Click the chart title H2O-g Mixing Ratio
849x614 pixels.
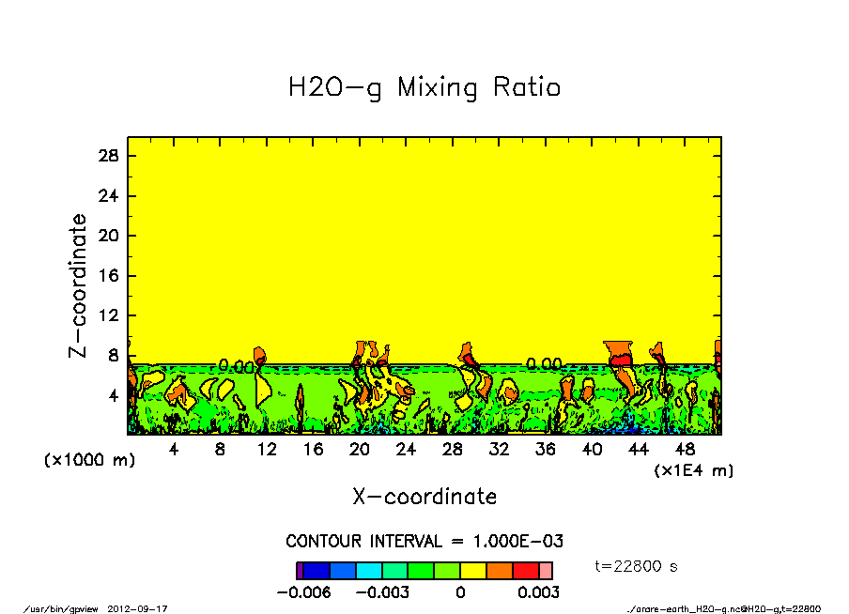pos(424,88)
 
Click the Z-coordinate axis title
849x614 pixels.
pos(79,284)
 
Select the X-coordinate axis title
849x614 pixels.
pos(424,496)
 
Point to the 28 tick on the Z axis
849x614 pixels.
pos(110,156)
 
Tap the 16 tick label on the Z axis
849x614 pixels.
pos(110,276)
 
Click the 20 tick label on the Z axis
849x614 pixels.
pos(110,236)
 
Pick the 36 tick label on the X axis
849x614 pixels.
pos(546,450)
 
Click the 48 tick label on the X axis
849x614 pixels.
pos(686,450)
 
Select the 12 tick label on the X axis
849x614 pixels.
pos(267,450)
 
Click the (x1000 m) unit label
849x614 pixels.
pos(82,461)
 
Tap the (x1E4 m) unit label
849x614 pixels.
pos(694,469)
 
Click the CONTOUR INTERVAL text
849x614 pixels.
pos(424,542)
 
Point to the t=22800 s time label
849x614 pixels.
pos(637,566)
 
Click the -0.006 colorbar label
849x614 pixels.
pos(301,592)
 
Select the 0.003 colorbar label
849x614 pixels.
pos(539,592)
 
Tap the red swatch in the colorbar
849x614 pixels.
pos(526,570)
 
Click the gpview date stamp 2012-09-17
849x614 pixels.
pos(146,608)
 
